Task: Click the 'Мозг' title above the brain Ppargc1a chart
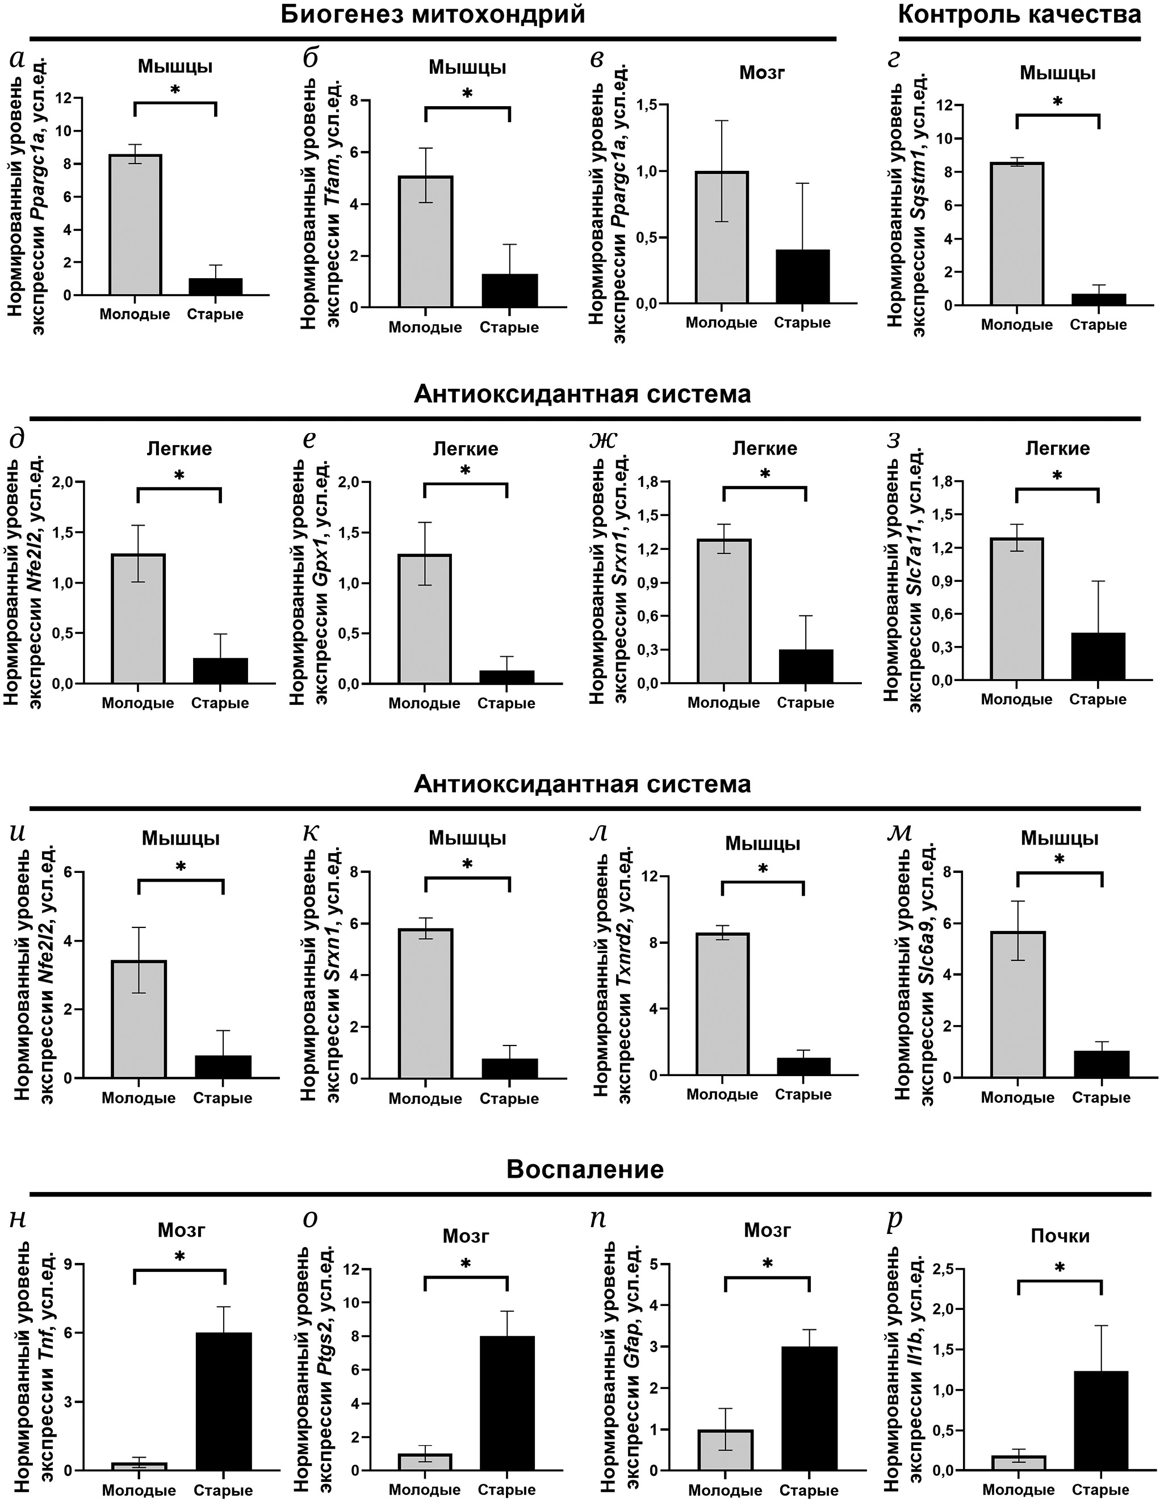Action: pos(762,72)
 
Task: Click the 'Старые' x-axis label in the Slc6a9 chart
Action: pos(1102,1098)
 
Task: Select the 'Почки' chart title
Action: pos(1060,1236)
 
